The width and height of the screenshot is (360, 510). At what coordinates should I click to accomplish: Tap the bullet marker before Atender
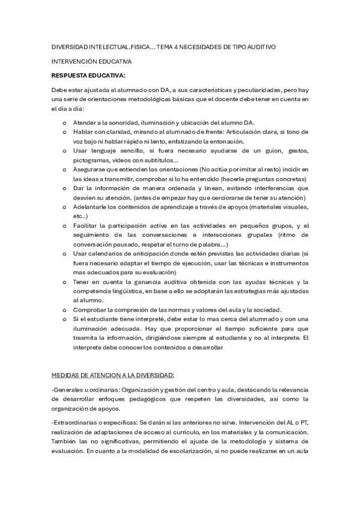[64, 122]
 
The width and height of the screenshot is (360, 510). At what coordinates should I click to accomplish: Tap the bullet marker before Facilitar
[64, 225]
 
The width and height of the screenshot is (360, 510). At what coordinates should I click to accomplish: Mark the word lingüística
[127, 290]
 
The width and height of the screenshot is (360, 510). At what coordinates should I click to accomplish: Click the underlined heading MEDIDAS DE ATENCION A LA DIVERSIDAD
[113, 375]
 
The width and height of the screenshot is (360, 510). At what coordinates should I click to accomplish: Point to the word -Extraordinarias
[77, 423]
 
